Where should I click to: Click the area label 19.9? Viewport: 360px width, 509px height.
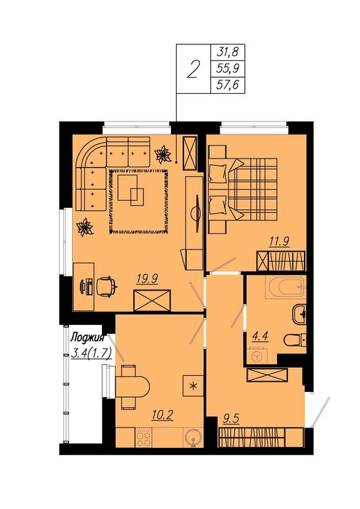[x=148, y=278]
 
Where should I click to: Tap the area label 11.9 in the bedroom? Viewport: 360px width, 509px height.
[x=279, y=241]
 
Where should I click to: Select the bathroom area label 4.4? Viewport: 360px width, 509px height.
[x=260, y=336]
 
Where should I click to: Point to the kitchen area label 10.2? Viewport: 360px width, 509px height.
[x=162, y=415]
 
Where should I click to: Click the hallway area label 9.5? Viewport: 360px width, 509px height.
[x=231, y=419]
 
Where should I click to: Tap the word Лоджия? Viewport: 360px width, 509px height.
[x=88, y=338]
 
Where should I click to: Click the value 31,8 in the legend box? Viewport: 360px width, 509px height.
[x=227, y=52]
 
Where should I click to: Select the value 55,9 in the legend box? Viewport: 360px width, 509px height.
[x=227, y=68]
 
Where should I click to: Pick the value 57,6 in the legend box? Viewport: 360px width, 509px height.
[x=227, y=85]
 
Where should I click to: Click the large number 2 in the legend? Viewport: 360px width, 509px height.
[x=193, y=69]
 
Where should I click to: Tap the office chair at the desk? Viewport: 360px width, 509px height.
[x=106, y=286]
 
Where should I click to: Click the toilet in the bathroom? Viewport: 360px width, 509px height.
[x=295, y=340]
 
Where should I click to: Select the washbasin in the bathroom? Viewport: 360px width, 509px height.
[x=299, y=314]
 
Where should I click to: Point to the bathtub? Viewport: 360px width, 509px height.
[x=285, y=287]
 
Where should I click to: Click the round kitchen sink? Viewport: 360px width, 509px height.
[x=193, y=438]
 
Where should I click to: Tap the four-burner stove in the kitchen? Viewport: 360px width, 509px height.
[x=143, y=438]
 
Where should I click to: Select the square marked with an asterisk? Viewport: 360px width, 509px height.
[x=193, y=385]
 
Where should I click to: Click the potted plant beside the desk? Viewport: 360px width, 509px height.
[x=84, y=227]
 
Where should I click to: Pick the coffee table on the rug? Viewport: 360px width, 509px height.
[x=131, y=191]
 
